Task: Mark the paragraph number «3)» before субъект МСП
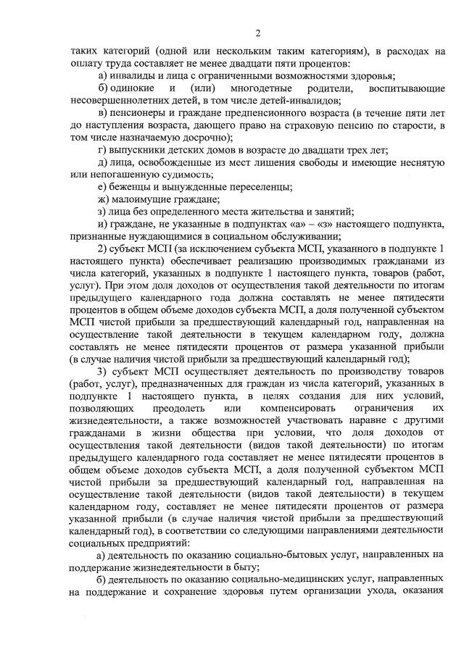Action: [x=102, y=374]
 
